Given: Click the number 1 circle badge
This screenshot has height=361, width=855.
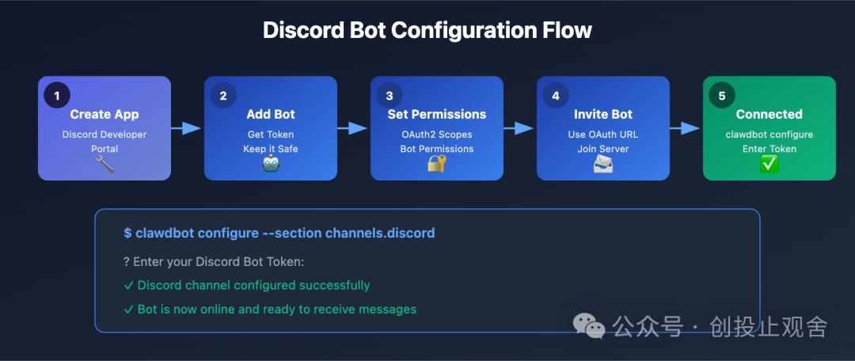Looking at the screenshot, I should click(x=56, y=95).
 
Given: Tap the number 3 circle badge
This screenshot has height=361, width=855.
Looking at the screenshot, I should click(x=389, y=95).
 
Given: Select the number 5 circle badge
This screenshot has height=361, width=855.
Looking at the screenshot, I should click(x=721, y=95).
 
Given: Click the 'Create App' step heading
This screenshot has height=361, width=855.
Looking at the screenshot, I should click(x=104, y=115).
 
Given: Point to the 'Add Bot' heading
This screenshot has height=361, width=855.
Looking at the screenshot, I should click(x=271, y=115).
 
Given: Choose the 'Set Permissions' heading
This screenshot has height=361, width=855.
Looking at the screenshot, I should click(x=437, y=115).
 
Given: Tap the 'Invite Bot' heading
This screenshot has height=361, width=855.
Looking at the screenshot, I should click(x=603, y=115).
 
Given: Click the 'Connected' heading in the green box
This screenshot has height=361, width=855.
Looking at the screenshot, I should click(x=769, y=115).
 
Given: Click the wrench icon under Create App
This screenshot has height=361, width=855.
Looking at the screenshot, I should click(x=104, y=164).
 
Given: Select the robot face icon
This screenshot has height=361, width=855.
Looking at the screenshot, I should click(x=271, y=164).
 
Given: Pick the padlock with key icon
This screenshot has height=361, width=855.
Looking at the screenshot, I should click(x=437, y=164).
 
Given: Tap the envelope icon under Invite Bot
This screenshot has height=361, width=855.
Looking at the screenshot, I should click(x=603, y=164).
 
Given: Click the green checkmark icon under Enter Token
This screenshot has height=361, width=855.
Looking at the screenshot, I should click(x=769, y=164).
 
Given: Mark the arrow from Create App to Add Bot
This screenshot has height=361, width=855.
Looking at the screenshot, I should click(x=188, y=128).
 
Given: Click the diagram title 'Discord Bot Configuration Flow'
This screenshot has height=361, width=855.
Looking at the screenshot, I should click(x=427, y=30).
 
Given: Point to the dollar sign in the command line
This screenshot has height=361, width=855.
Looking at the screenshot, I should click(x=127, y=233).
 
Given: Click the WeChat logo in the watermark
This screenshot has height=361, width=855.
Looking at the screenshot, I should click(x=590, y=325).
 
